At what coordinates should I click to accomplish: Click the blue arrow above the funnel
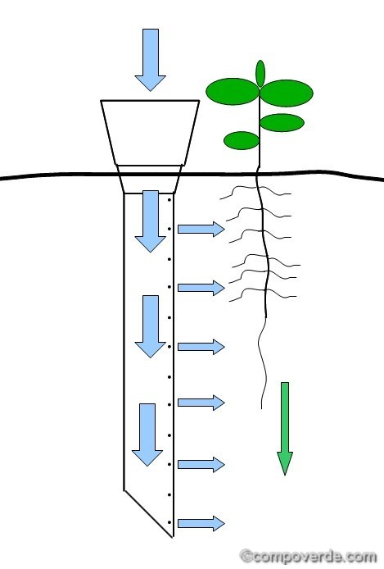tap(151, 60)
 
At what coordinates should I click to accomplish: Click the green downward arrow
tap(285, 429)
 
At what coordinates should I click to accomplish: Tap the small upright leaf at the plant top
tap(260, 74)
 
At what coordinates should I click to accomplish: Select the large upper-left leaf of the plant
tap(233, 92)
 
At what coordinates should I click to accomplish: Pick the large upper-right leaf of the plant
tap(287, 93)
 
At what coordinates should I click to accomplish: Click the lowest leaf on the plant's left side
tap(242, 140)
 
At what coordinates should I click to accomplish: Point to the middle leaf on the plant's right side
tap(282, 123)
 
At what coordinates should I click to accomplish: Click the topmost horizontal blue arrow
tap(201, 229)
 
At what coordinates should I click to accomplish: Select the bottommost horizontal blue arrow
tap(201, 523)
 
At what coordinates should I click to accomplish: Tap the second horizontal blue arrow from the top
tap(201, 288)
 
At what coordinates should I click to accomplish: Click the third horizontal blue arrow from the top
tap(201, 347)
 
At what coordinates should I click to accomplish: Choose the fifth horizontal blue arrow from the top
tap(201, 465)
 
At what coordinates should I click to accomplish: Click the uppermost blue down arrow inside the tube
tap(151, 221)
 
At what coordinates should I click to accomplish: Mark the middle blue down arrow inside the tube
tap(151, 326)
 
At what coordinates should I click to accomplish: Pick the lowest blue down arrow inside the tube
tap(147, 435)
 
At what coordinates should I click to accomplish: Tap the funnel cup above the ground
tap(150, 133)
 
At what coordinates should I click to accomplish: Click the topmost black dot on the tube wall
tap(169, 200)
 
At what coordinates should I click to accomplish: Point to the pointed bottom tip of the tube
tap(173, 537)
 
